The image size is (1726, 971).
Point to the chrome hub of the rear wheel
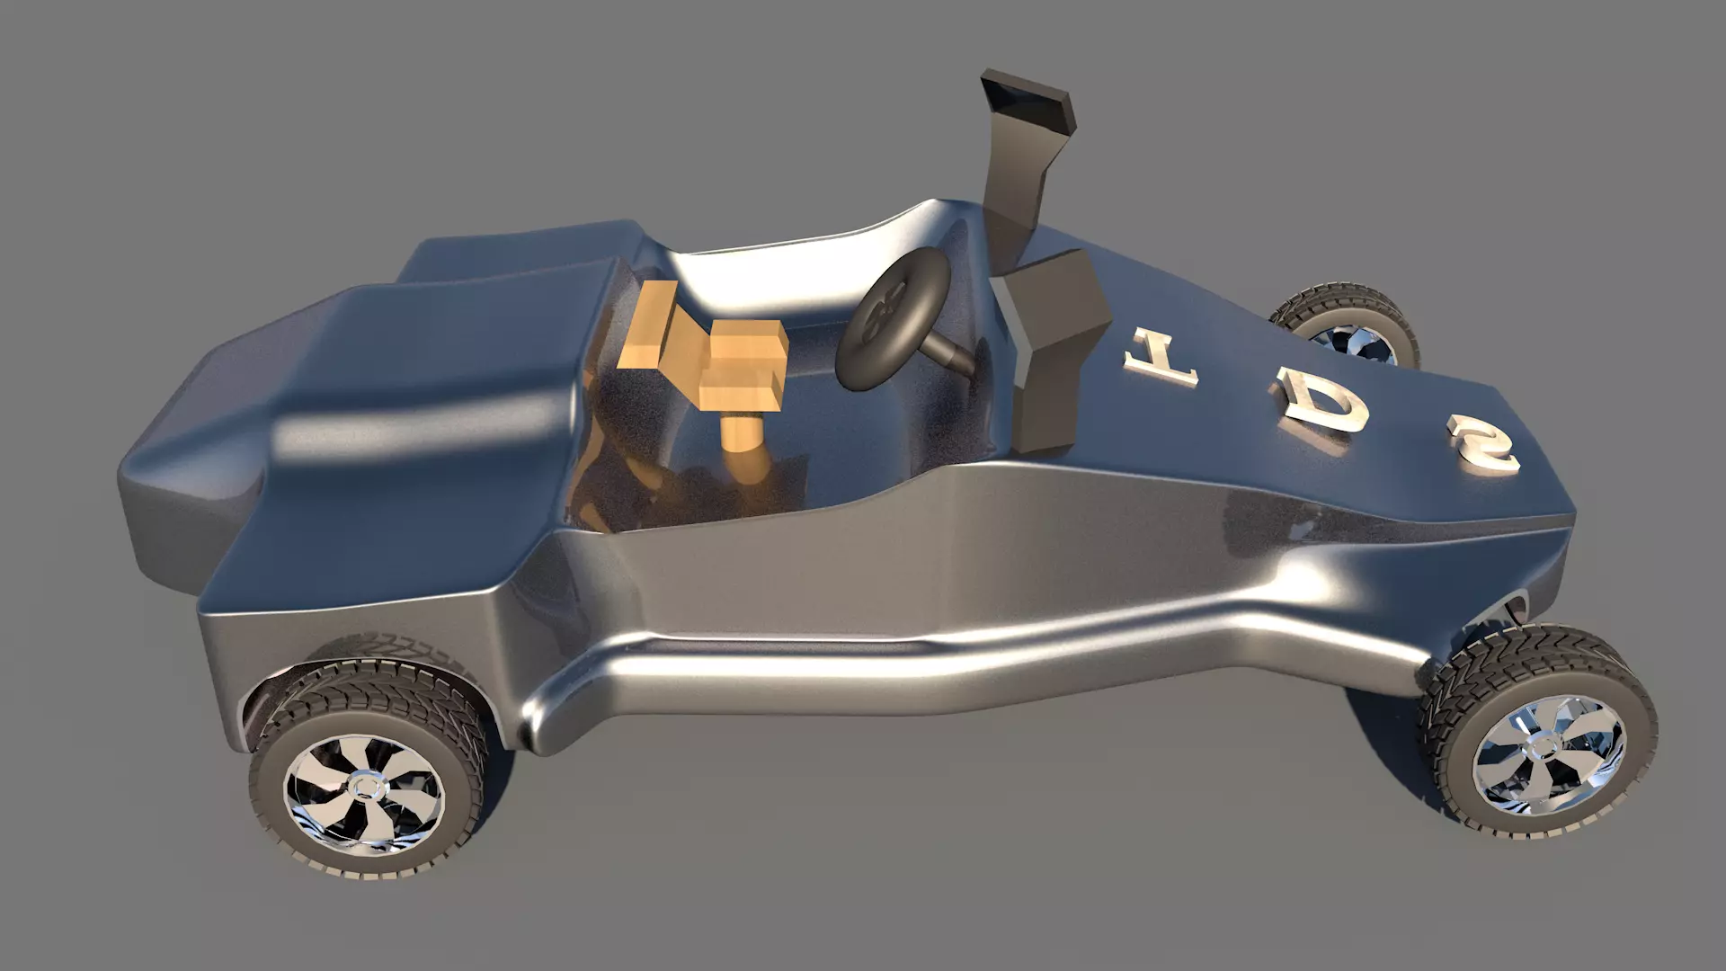point(366,788)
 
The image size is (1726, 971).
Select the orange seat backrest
point(649,325)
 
